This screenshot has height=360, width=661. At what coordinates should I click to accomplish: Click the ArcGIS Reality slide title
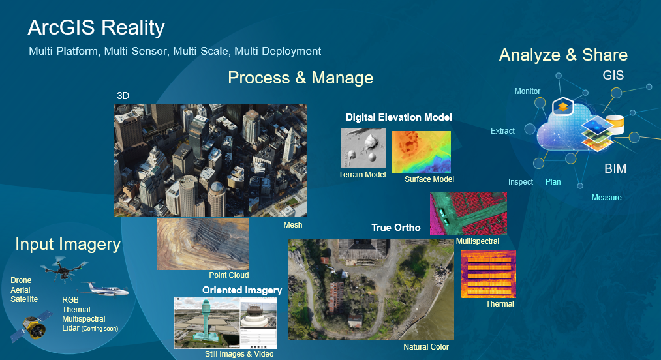coord(96,28)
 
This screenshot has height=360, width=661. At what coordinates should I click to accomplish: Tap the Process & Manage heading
coord(300,78)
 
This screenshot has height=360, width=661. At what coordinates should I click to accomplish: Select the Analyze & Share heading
coord(563,55)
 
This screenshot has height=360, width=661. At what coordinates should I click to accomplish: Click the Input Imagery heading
coord(68,244)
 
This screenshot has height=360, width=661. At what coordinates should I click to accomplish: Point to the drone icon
coord(63,267)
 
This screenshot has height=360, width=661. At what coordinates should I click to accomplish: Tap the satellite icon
coord(31,325)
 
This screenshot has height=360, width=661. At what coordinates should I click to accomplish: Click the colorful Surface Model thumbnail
coord(421,151)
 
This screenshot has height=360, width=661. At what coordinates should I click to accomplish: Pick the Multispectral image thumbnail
coord(468,214)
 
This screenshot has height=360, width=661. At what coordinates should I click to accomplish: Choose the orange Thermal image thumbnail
coord(488,274)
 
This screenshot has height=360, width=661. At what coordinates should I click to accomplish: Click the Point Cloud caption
coord(228,275)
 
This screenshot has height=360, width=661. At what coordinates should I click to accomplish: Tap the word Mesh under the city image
coord(292,225)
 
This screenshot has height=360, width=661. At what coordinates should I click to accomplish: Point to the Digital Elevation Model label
coord(399,117)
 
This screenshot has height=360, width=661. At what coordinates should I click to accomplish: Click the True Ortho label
coord(395,228)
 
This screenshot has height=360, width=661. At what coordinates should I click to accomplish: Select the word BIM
coord(615,168)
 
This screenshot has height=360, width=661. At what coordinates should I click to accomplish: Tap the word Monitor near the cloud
coord(527,91)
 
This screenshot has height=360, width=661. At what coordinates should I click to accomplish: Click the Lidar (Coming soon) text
coord(90,328)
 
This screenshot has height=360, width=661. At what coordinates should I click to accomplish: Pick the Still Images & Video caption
coord(239,353)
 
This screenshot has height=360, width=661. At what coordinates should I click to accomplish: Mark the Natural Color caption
coord(425,346)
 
